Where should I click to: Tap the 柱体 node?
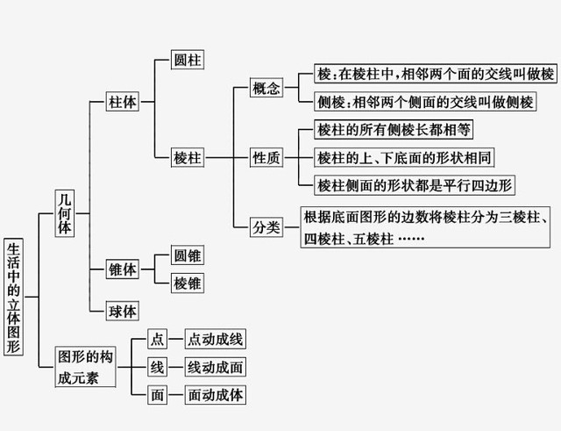(122, 102)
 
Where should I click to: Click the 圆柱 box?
(188, 61)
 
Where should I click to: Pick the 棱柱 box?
(188, 158)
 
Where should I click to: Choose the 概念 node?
(266, 89)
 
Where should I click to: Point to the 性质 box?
(266, 158)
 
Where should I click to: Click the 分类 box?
(266, 226)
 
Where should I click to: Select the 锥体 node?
(122, 269)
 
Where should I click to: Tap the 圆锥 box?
(188, 256)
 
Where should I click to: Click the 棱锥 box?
(188, 283)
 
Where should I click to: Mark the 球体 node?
(122, 311)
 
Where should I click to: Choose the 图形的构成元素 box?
(85, 367)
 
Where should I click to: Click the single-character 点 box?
(158, 340)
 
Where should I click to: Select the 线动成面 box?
(216, 367)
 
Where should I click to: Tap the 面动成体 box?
(216, 395)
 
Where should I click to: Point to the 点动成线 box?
(216, 340)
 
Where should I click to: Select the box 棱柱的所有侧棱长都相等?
(394, 130)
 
